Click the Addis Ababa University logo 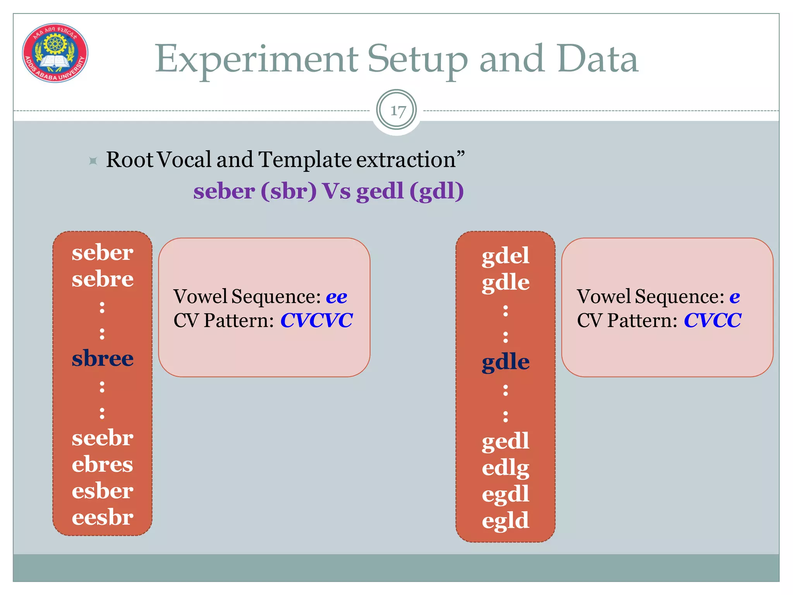coord(55,53)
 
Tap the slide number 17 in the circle coord(396,111)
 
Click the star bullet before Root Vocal coord(93,160)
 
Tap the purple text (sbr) coord(288,191)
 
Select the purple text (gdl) coord(436,191)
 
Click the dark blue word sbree coord(103,358)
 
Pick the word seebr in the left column coord(103,438)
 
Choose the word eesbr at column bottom coord(103,518)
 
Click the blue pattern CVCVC coord(316,321)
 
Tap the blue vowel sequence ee coord(336,297)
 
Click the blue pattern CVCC coord(712,321)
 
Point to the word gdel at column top coord(505,256)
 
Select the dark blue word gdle coord(505,362)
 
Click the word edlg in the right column coord(505,468)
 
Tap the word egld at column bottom coord(505,521)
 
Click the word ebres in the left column coord(103,464)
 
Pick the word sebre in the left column coord(103,279)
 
